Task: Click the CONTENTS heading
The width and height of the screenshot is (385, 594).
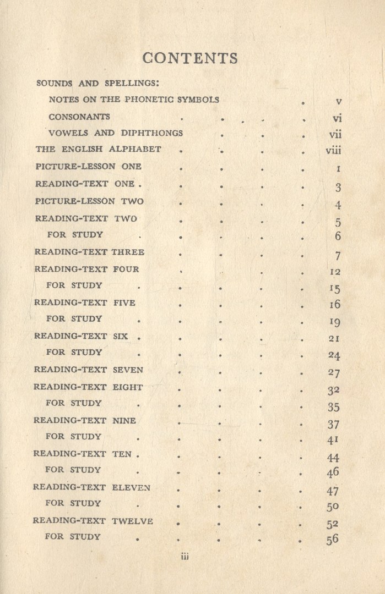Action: pyautogui.click(x=190, y=58)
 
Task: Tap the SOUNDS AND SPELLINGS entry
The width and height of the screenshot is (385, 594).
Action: pyautogui.click(x=97, y=84)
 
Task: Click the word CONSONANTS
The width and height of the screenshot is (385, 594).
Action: pyautogui.click(x=79, y=117)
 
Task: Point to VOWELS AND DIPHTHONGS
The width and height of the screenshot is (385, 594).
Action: pyautogui.click(x=116, y=133)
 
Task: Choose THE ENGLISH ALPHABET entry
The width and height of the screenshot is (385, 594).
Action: pyautogui.click(x=99, y=149)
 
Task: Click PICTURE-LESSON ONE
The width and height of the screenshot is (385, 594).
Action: pyautogui.click(x=89, y=166)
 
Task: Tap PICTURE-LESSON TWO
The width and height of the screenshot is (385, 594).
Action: pyautogui.click(x=89, y=201)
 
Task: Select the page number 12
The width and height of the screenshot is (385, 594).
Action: pyautogui.click(x=335, y=272)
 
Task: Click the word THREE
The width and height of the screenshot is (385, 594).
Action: pyautogui.click(x=128, y=252)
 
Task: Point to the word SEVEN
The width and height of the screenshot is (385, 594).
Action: pyautogui.click(x=127, y=370)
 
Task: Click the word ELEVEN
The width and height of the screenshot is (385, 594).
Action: pyautogui.click(x=131, y=487)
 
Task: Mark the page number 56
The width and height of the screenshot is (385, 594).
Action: pyautogui.click(x=332, y=540)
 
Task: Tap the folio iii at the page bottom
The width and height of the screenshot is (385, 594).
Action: pyautogui.click(x=185, y=557)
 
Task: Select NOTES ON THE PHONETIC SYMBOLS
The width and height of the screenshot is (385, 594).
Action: pyautogui.click(x=134, y=100)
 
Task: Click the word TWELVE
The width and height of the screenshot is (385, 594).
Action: pyautogui.click(x=132, y=520)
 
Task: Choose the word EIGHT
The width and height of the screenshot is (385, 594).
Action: pyautogui.click(x=127, y=387)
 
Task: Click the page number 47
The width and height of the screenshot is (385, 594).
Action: pyautogui.click(x=333, y=491)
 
